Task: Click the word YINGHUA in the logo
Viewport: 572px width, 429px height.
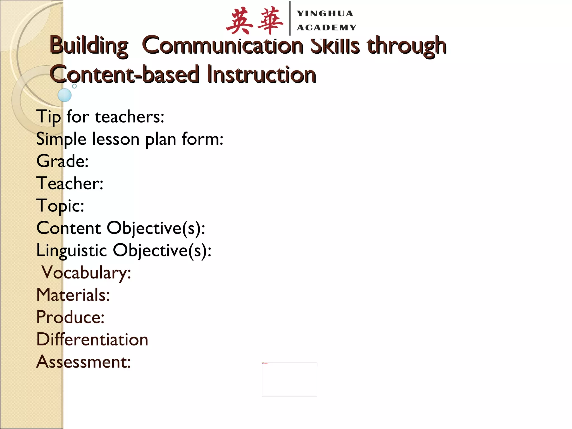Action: click(x=325, y=13)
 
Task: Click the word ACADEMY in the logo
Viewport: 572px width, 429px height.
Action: click(x=326, y=27)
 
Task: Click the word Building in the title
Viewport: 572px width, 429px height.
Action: click(x=89, y=46)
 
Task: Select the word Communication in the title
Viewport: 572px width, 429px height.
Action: click(x=223, y=46)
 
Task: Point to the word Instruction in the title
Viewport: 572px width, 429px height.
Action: click(x=261, y=74)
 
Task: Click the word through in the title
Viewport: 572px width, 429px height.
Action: click(x=407, y=46)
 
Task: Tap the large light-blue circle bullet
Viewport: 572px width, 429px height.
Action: click(x=65, y=95)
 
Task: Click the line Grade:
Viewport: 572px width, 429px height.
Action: click(x=63, y=161)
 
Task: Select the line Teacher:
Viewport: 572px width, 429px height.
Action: click(x=70, y=183)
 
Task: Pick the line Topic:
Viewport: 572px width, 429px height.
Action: click(x=60, y=206)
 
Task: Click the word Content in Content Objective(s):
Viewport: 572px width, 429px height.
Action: click(x=68, y=228)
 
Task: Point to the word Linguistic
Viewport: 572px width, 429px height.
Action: click(x=71, y=250)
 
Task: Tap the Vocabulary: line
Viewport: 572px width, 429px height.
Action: click(x=86, y=273)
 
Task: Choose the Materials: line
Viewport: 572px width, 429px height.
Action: click(x=73, y=295)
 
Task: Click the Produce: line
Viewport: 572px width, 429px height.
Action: click(x=70, y=317)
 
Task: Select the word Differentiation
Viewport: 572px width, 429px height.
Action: click(x=92, y=340)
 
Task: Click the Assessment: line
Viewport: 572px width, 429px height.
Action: click(x=84, y=362)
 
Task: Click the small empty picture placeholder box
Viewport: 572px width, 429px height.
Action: click(x=289, y=379)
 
